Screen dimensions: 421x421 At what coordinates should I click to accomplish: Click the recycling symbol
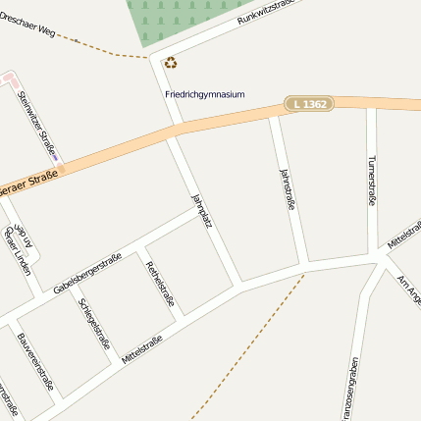click(171, 64)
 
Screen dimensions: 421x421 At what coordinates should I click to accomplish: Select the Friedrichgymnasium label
click(204, 95)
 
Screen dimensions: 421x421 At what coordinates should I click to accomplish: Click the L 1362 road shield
click(310, 103)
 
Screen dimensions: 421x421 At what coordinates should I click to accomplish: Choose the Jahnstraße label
click(288, 188)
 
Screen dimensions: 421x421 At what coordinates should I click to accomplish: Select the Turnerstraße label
click(371, 181)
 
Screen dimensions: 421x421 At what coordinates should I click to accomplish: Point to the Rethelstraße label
click(159, 284)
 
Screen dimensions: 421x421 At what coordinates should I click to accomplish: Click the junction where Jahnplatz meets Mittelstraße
click(239, 286)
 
